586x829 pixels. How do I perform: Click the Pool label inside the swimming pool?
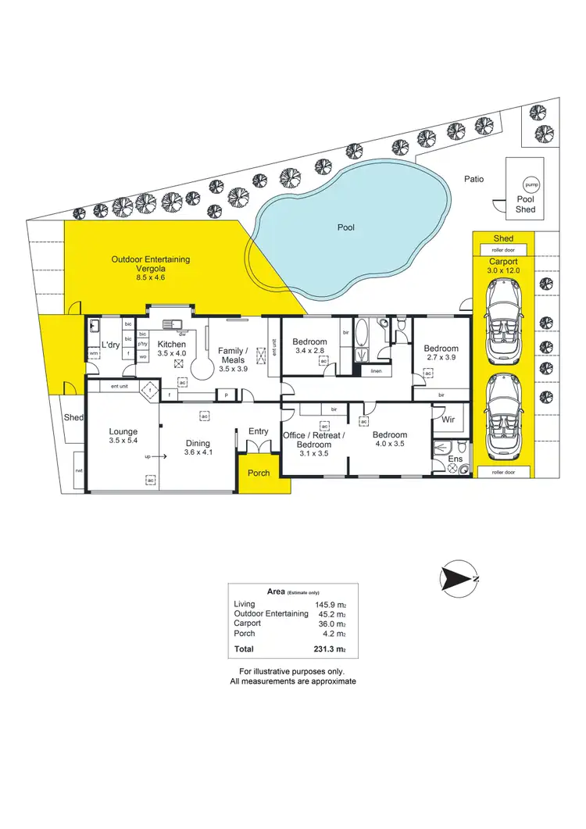coord(345,227)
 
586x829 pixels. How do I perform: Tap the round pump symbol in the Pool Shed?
coord(531,184)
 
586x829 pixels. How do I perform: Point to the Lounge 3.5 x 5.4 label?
coord(123,436)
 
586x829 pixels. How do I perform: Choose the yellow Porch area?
coord(258,473)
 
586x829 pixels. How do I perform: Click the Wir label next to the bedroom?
coord(448,419)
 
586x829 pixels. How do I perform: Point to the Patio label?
coord(473,179)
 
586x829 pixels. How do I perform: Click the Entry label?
coord(258,431)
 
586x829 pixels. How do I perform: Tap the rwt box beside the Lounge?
coord(79,471)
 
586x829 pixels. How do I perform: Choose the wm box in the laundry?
coord(93,353)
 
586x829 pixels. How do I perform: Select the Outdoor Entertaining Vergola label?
coord(151,264)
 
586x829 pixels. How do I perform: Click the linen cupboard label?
coord(376,370)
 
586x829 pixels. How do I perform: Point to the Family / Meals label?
coord(232,356)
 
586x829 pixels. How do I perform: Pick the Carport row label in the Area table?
coord(247,624)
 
